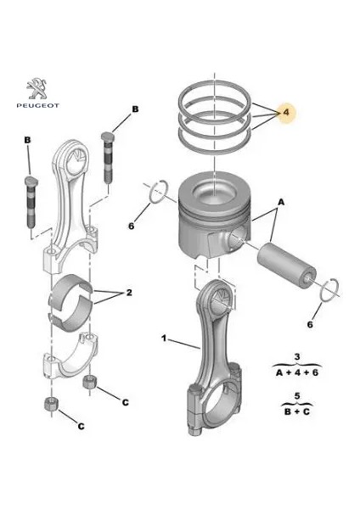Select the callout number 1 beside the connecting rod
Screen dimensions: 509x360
(163, 338)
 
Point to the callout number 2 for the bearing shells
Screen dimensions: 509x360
(129, 293)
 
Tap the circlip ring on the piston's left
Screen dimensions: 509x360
(156, 193)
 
